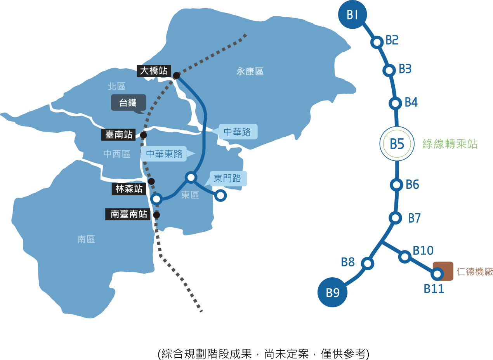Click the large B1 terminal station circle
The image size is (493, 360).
[352, 14]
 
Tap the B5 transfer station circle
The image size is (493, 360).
[397, 144]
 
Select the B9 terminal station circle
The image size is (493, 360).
[333, 292]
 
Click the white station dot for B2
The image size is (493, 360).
[377, 42]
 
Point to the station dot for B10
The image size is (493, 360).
[405, 256]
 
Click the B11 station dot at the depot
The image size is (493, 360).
[437, 274]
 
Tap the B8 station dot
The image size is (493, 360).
[367, 264]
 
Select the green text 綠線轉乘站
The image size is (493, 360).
[450, 144]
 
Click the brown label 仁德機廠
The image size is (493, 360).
[474, 271]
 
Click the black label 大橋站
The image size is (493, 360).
[154, 71]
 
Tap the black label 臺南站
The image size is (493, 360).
[119, 134]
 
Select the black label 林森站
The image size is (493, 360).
[129, 189]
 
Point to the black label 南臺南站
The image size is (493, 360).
[128, 214]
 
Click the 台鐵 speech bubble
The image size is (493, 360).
[128, 103]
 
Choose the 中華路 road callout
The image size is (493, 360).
[238, 132]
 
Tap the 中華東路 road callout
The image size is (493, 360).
[164, 154]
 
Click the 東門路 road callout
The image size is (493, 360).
[228, 179]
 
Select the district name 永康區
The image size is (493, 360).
[250, 71]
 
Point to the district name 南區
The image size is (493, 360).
[86, 239]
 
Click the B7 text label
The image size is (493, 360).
[414, 218]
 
